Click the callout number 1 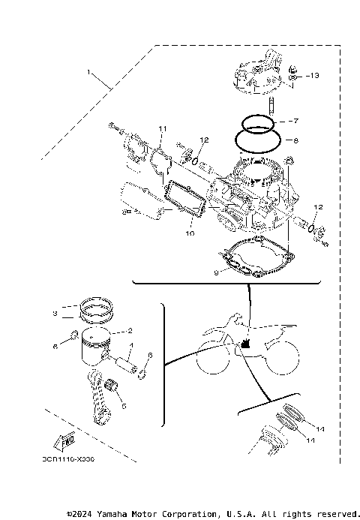89,73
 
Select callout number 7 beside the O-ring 295,120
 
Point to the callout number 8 295,140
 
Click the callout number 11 161,130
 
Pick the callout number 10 190,233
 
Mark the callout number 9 215,273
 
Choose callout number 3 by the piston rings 55,313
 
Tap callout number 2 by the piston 130,330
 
